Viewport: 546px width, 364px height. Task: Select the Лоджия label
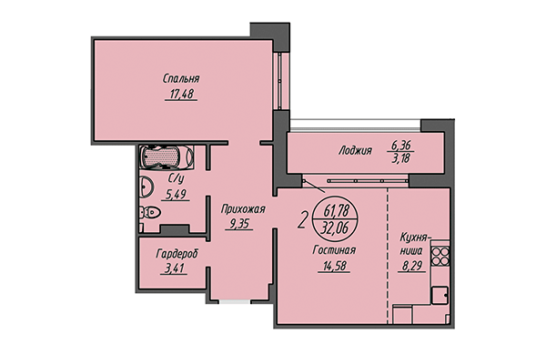[350, 151]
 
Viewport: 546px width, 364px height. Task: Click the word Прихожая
[243, 207]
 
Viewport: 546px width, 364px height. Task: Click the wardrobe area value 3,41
[176, 268]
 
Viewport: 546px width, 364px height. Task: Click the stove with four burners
[440, 257]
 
